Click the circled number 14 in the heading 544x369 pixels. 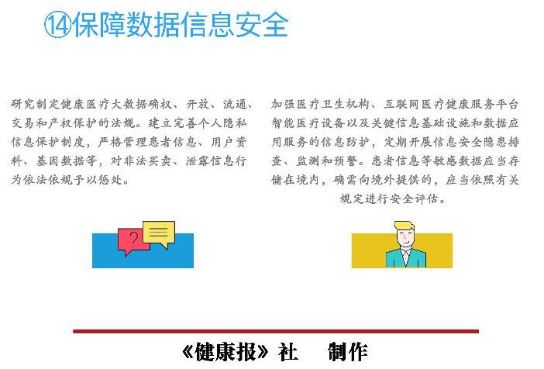(57, 25)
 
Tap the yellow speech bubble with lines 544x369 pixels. (159, 233)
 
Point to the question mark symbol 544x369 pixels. (133, 239)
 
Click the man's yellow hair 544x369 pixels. (404, 226)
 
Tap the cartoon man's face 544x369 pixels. (406, 238)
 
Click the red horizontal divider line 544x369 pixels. (276, 331)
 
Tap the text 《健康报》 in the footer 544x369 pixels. (225, 352)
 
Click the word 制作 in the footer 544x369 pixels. (348, 352)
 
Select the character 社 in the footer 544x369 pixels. (288, 352)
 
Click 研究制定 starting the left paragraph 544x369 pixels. (36, 104)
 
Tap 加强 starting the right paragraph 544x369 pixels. (284, 104)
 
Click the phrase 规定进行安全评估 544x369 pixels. (389, 198)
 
